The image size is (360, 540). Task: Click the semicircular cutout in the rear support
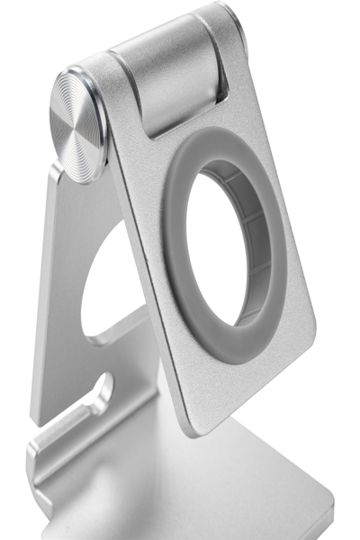[108, 279]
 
